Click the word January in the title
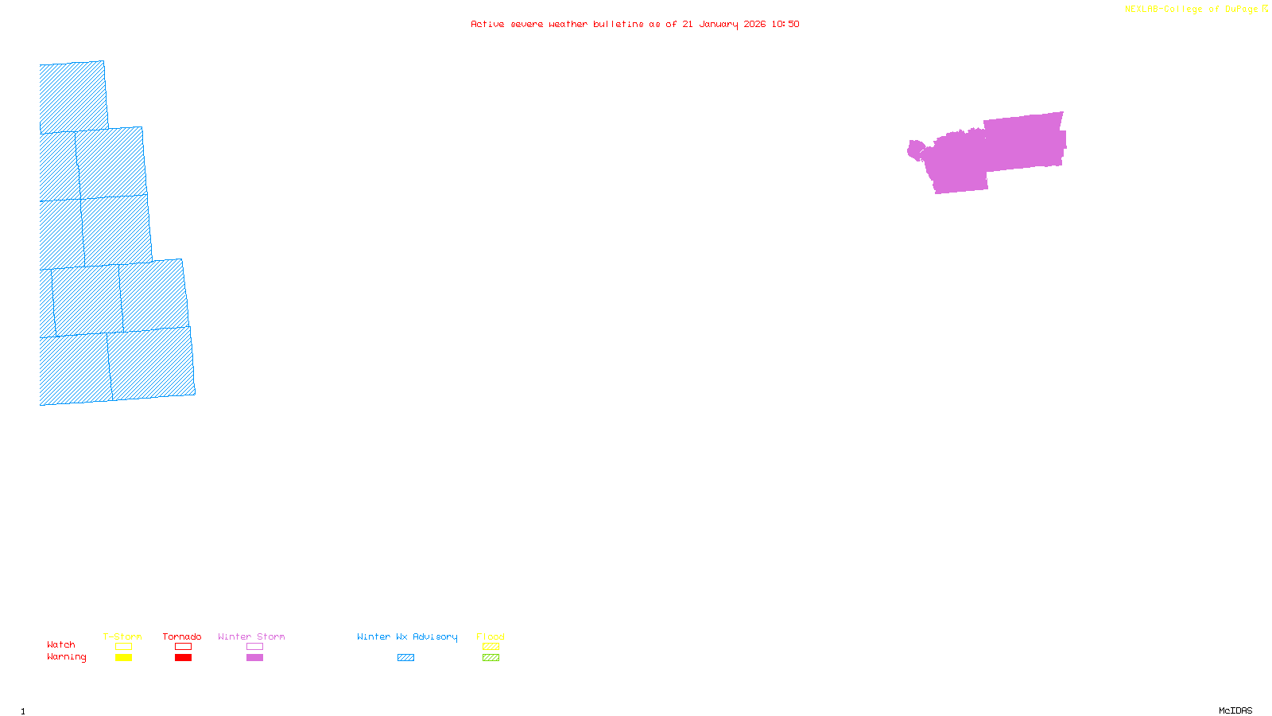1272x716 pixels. (719, 25)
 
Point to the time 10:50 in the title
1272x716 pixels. (785, 25)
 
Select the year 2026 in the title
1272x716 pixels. (755, 25)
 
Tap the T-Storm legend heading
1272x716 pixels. (122, 636)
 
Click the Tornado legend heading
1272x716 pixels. (182, 636)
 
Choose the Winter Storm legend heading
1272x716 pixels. (251, 636)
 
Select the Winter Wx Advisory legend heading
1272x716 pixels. (407, 636)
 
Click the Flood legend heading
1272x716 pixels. (491, 636)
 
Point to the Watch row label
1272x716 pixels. (61, 644)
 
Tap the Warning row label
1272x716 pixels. (66, 657)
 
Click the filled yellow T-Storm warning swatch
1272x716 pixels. (123, 658)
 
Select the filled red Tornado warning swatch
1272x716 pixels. (183, 658)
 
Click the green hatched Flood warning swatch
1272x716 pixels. (491, 658)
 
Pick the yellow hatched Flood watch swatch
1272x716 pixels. (491, 647)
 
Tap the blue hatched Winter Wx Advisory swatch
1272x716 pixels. (405, 658)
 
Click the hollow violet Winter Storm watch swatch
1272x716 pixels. (254, 647)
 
